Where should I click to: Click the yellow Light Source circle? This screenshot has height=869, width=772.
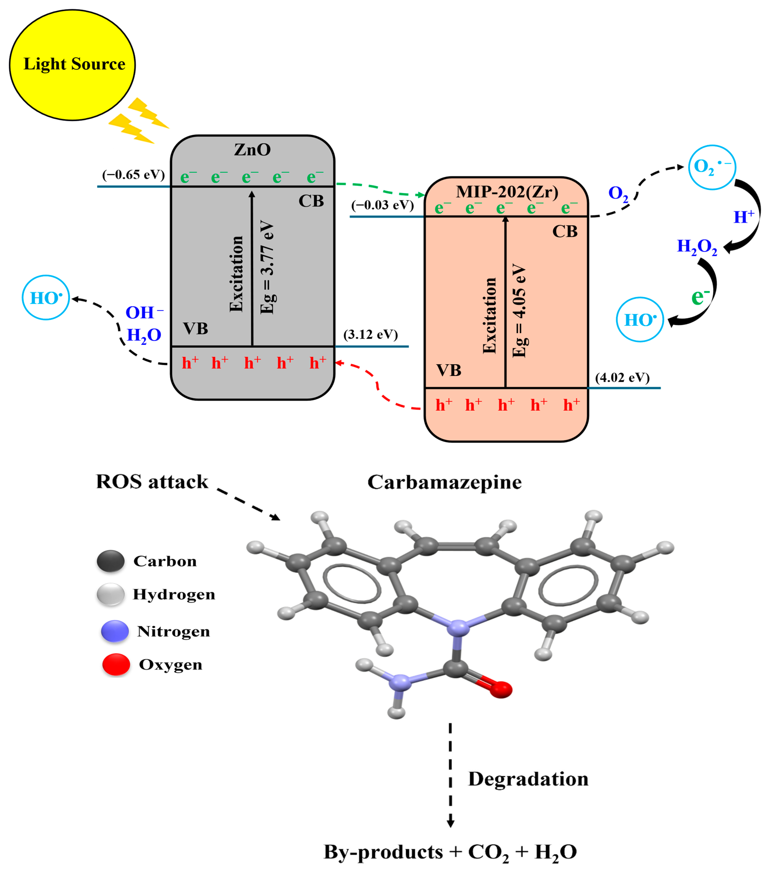[72, 65]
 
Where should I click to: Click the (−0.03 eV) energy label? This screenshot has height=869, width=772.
[382, 205]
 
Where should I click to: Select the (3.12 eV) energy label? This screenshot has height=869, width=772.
[370, 335]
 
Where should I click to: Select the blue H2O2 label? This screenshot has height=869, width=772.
[697, 247]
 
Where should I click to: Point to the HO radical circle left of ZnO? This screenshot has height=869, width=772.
[46, 298]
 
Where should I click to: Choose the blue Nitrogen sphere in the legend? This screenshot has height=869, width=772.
[115, 631]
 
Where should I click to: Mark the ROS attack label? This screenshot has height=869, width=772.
[152, 482]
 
